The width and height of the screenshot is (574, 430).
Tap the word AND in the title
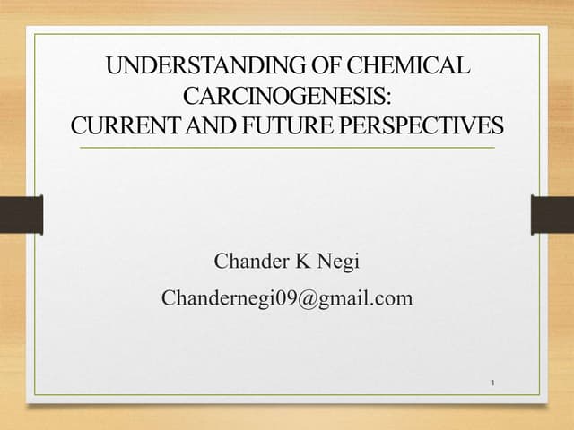(211, 125)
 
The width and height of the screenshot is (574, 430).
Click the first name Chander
(248, 262)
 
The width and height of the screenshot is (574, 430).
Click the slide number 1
(493, 384)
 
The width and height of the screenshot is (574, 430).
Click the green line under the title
(287, 146)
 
